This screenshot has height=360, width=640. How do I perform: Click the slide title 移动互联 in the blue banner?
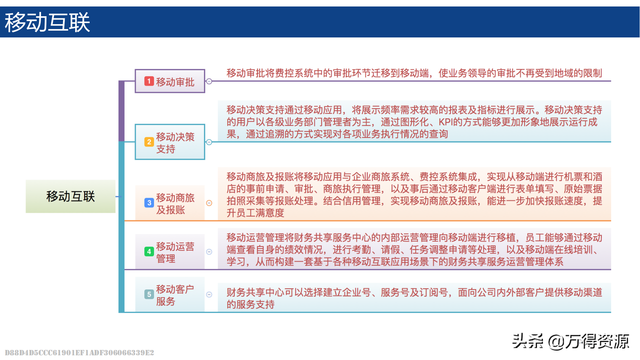click(47, 22)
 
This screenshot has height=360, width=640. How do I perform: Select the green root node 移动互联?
click(71, 196)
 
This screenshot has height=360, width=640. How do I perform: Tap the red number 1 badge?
click(149, 81)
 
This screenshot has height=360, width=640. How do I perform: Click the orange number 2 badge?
click(149, 142)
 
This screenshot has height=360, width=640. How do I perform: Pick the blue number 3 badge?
click(149, 203)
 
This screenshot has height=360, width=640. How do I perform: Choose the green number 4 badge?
click(149, 251)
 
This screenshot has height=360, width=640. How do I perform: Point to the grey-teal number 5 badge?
click(149, 294)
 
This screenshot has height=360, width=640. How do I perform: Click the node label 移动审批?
click(175, 82)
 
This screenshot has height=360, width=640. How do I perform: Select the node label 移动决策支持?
click(175, 143)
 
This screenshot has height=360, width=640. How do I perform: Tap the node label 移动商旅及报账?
click(175, 203)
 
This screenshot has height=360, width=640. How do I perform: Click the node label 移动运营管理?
click(175, 252)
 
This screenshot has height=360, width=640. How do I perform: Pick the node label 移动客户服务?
click(175, 295)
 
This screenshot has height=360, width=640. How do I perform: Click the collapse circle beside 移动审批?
click(209, 81)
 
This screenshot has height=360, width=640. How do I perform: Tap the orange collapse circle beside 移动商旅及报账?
click(209, 203)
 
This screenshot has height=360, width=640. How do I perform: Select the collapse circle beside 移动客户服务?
click(209, 294)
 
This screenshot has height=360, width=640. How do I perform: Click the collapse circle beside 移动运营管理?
click(209, 252)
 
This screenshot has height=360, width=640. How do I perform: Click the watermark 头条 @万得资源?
click(571, 341)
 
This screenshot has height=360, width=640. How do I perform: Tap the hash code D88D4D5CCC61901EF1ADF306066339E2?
click(80, 352)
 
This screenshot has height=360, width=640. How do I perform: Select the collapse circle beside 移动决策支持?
click(209, 142)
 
